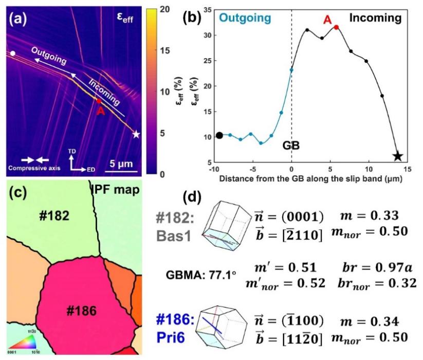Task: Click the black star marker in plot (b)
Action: tap(398, 156)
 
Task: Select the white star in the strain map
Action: tap(136, 134)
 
